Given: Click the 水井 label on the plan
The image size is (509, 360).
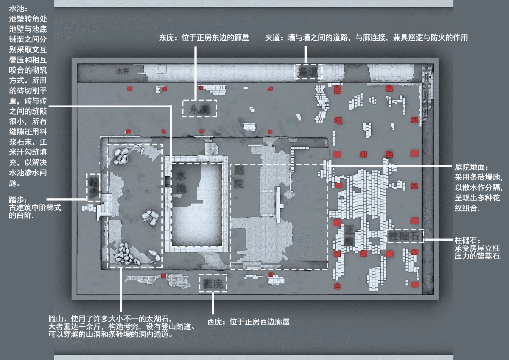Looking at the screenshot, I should coord(122,72).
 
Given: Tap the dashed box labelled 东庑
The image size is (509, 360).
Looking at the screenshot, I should coord(200,108).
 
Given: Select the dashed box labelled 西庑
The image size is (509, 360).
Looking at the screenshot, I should coord(213,284).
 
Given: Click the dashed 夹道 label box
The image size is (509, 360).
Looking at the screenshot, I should coord(309,72).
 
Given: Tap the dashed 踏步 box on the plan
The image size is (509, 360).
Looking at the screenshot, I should coord(93,188).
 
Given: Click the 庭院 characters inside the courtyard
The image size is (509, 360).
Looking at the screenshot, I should coord(239,177).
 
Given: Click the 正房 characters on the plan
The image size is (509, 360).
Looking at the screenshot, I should coord(349,236).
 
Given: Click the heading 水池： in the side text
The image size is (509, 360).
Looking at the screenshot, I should coord(19,9).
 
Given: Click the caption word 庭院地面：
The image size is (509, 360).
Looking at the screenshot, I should coord(471,167).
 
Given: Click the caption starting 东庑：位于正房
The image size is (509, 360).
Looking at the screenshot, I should coord(204,38).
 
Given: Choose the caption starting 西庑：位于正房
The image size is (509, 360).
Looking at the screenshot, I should coord(248,322).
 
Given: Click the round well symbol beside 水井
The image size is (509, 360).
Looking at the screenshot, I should coord(162,69).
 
